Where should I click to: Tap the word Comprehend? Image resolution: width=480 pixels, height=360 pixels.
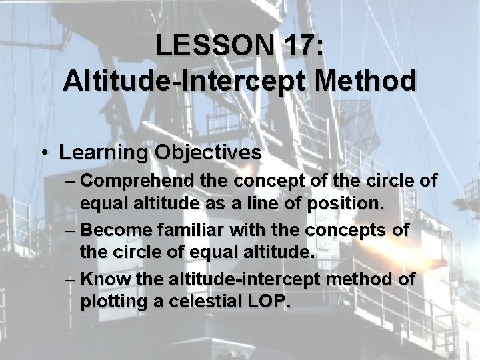point(138,181)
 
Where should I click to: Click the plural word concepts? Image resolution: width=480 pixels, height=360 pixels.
point(346,230)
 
